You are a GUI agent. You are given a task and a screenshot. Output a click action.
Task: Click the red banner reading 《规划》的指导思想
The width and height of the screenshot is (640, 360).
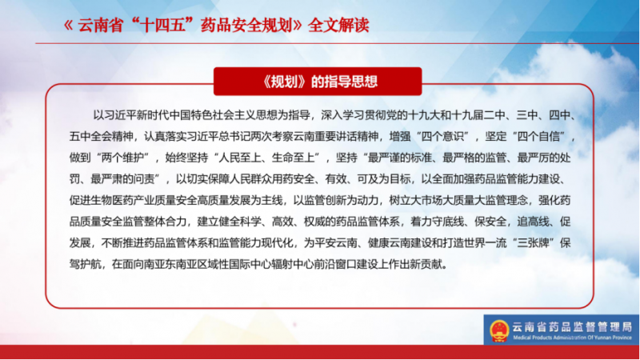point(318,82)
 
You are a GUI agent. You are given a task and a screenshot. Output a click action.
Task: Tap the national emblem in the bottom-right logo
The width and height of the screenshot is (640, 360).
point(499,330)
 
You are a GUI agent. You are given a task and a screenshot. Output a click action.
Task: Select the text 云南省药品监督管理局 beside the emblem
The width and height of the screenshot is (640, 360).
point(572,326)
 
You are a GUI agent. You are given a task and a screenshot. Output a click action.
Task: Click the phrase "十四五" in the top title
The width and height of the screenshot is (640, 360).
point(166,26)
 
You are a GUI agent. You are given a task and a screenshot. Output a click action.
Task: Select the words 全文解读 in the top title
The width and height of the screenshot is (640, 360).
point(338,26)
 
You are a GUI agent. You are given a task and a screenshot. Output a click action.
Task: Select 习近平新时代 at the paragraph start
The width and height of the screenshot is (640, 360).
point(136,115)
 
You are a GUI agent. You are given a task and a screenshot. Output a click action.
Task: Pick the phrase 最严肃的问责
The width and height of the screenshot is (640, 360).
point(122,178)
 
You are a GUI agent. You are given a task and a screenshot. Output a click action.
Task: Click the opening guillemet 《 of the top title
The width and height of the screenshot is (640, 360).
point(68,26)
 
